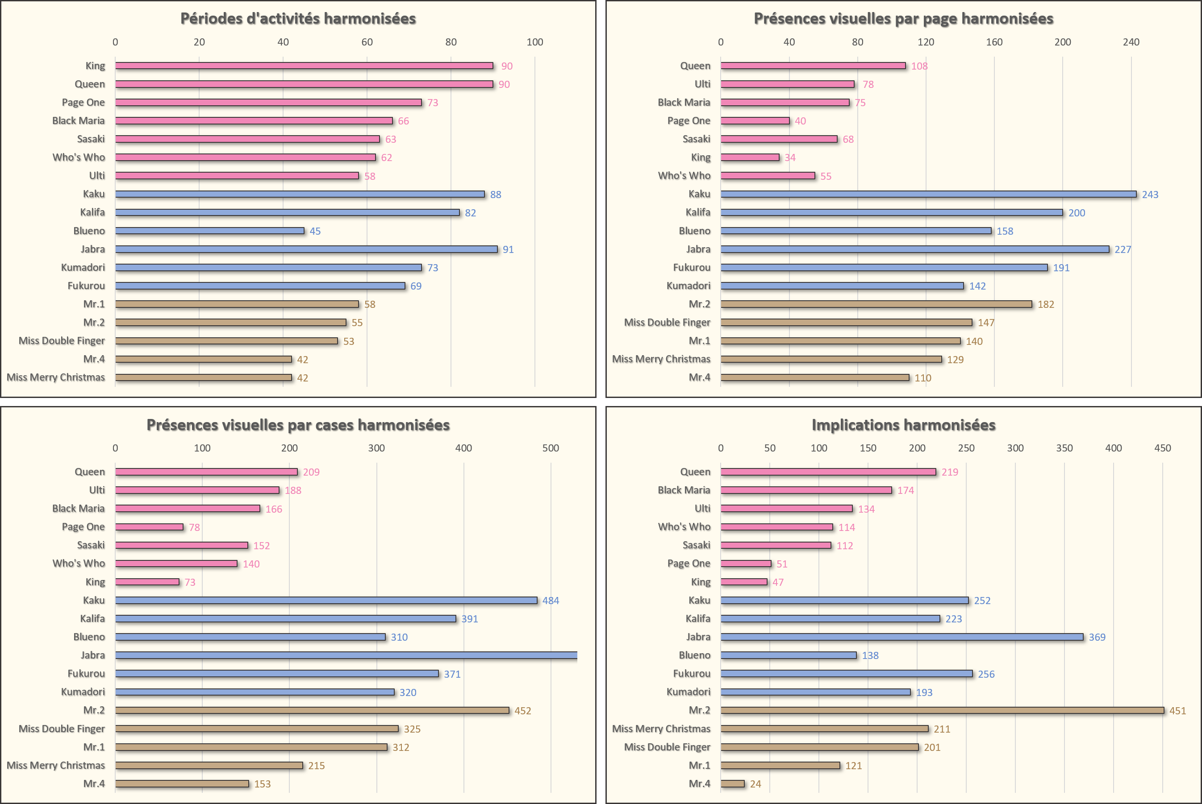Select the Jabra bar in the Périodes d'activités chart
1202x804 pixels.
coord(306,249)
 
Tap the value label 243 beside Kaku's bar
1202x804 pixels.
coord(1150,195)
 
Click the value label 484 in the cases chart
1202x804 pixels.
coord(551,601)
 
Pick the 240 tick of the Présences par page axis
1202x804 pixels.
coord(1131,42)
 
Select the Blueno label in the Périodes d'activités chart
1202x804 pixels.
coord(89,231)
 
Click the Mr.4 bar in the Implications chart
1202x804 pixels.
coord(732,783)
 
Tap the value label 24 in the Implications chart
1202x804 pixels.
coord(755,784)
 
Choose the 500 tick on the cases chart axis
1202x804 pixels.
coord(551,448)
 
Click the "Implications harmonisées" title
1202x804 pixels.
coord(903,425)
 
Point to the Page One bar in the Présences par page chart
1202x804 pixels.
coord(755,121)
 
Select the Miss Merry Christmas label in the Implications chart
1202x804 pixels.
coord(661,729)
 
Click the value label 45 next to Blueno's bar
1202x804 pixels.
coord(315,231)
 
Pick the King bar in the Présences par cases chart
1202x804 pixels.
coord(147,582)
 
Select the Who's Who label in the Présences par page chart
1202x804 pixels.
coord(684,176)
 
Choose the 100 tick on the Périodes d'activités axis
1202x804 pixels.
coord(534,42)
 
